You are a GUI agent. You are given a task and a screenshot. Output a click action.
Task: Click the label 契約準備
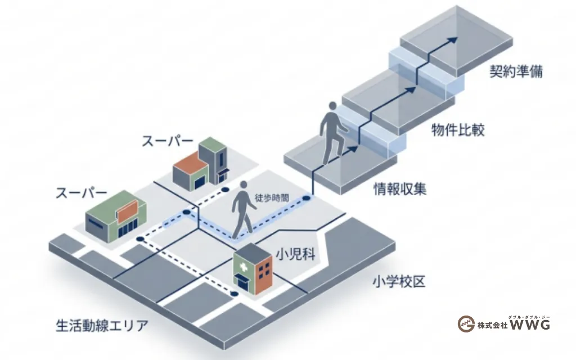516,71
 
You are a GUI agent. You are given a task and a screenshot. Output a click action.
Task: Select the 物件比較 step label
458,130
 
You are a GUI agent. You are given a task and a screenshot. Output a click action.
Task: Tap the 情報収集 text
400,189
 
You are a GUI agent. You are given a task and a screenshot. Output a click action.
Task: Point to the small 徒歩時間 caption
272,197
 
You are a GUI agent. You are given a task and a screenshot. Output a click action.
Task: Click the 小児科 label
296,254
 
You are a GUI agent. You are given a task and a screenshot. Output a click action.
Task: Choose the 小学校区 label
399,281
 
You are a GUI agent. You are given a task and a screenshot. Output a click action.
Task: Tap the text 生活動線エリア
102,326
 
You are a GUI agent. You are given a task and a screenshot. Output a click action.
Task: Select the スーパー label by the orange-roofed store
168,141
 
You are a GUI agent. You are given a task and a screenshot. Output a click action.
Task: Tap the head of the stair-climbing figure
332,106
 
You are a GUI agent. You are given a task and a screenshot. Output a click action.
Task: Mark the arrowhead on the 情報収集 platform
353,148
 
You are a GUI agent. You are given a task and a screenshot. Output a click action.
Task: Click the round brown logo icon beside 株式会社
466,324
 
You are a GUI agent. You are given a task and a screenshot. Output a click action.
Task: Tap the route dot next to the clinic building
234,294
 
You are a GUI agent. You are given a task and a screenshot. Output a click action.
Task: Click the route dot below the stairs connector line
307,199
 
